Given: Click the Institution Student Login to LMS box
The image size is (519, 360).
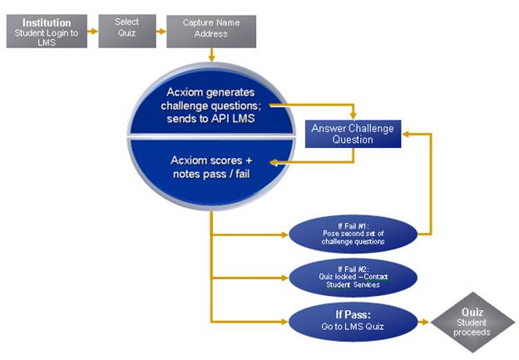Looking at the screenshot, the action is tap(47, 31).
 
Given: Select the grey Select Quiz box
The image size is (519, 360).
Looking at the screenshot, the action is tap(127, 31).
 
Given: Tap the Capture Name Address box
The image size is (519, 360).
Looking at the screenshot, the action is tap(211, 32).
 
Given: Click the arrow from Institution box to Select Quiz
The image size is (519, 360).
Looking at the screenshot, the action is tap(92, 32).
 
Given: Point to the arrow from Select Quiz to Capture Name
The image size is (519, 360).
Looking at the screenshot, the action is tap(161, 32).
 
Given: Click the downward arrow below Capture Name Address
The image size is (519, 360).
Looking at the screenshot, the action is tap(211, 55).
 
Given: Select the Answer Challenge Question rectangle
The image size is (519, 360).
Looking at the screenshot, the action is tap(353, 134).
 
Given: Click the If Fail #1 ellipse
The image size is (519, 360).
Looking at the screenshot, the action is tap(353, 234).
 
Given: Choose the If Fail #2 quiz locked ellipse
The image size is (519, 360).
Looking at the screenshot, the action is tap(353, 278).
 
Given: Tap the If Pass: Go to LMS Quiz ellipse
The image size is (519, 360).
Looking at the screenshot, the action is tap(353, 321).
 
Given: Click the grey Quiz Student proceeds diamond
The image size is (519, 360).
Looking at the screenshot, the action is tap(472, 322).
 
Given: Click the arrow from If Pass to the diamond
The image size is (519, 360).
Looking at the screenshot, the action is tap(423, 322).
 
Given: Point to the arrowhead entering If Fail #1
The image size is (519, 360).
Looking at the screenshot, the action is tap(284, 235).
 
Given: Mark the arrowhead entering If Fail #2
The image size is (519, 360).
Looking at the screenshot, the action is tap(284, 278).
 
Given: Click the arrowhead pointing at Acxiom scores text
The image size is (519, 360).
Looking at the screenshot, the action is tap(273, 162).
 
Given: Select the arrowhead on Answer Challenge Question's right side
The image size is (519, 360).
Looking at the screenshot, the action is tap(406, 134).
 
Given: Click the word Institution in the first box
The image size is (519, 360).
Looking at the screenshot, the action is tap(47, 22).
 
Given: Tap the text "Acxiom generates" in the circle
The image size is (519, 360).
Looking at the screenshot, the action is tap(211, 92).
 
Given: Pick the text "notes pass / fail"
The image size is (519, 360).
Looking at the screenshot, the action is tap(211, 174).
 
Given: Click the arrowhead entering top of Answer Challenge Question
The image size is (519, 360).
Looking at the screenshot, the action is tap(353, 116).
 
